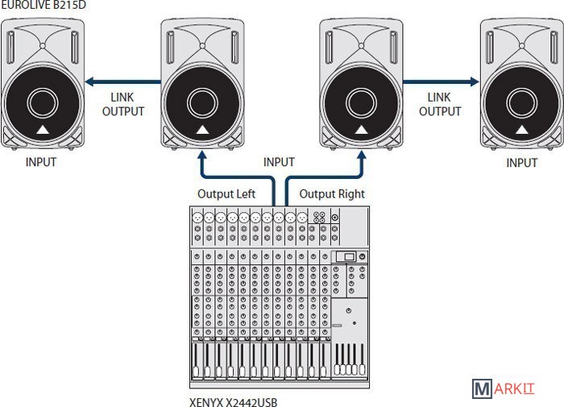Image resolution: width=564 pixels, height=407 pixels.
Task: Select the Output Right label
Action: pyautogui.click(x=332, y=194)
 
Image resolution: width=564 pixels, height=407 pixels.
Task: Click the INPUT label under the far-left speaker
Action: pyautogui.click(x=40, y=162)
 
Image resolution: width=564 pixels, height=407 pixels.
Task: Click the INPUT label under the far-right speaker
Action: pyautogui.click(x=521, y=163)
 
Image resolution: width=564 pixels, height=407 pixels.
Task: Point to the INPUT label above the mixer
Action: pyautogui.click(x=279, y=162)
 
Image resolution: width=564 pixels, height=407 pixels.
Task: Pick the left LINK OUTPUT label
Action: pyautogui.click(x=122, y=104)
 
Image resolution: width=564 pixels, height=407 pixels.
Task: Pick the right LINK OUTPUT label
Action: pyautogui.click(x=440, y=104)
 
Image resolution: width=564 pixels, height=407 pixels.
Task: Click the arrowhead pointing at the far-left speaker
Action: pyautogui.click(x=89, y=81)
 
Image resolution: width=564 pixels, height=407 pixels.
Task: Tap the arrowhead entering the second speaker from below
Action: pyautogui.click(x=201, y=160)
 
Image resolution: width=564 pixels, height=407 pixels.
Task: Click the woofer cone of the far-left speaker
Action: pyautogui.click(x=41, y=103)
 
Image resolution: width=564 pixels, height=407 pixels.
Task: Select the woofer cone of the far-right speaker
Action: pyautogui.click(x=520, y=103)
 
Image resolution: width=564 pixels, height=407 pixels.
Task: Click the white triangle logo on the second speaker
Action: pyautogui.click(x=201, y=130)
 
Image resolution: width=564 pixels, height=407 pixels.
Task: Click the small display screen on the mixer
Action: pyautogui.click(x=346, y=257)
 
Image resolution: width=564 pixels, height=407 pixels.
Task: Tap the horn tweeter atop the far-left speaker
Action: pyautogui.click(x=41, y=45)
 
